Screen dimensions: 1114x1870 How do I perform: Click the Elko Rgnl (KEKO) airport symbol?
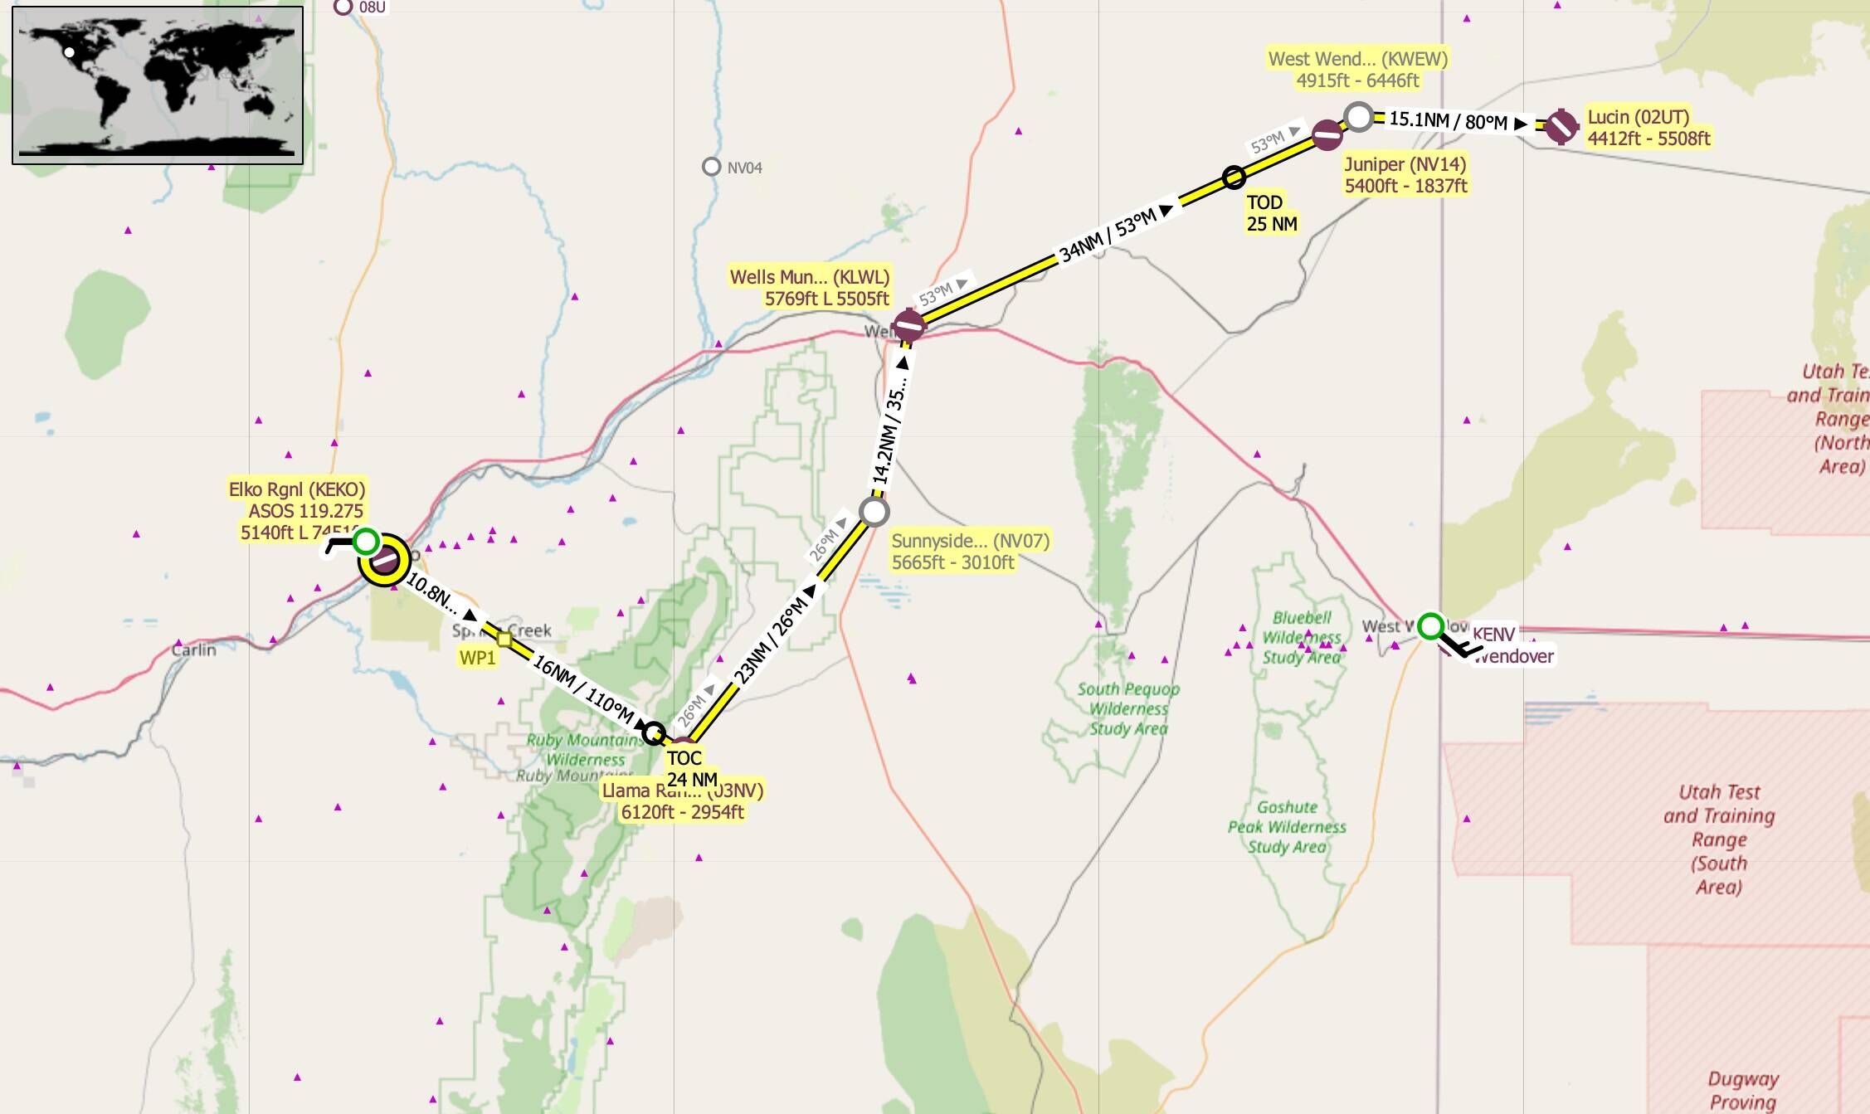coord(384,562)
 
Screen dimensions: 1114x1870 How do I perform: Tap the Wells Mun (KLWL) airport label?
coord(809,288)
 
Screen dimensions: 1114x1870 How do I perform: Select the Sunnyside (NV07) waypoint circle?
coord(874,511)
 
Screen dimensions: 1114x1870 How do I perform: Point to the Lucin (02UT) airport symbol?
coord(1561,127)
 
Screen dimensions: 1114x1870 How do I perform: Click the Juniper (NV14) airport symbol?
coord(1327,134)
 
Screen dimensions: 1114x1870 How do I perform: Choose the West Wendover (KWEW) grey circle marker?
coord(1358,117)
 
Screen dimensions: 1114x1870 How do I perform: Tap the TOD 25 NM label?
coord(1271,213)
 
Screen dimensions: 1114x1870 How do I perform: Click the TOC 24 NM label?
coord(691,768)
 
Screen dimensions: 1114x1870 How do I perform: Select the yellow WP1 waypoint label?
coord(477,658)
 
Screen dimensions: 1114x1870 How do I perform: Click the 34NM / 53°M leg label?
coord(1108,236)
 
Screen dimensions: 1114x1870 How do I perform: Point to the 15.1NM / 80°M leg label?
coord(1448,121)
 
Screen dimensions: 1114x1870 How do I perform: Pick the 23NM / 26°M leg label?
coord(771,640)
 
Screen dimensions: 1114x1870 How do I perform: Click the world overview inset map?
coord(158,85)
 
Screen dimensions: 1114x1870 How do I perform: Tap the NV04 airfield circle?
coord(711,167)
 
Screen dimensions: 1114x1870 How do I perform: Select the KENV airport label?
coord(1493,635)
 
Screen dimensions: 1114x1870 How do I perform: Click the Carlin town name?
coord(193,649)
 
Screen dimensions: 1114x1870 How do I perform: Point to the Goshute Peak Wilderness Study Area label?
coord(1287,826)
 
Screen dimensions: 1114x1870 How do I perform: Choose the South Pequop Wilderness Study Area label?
coord(1128,708)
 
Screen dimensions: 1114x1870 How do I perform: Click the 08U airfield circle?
coord(343,7)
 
